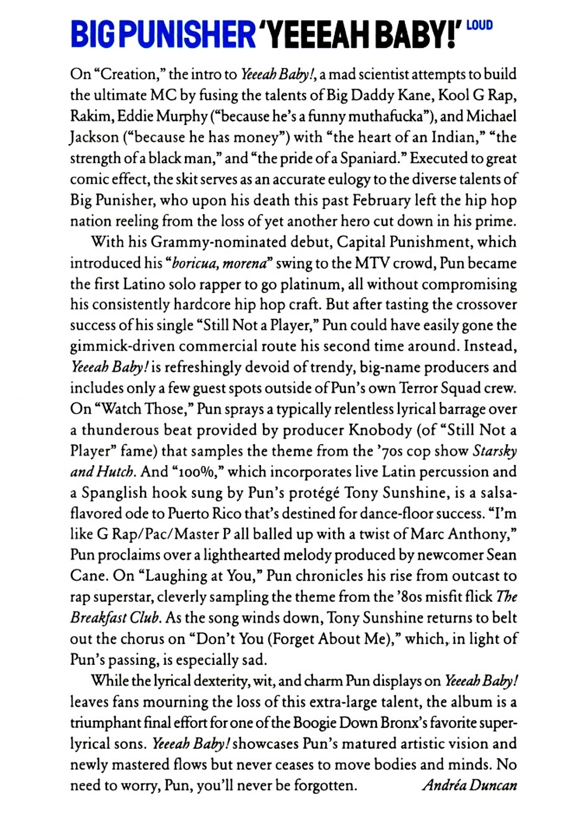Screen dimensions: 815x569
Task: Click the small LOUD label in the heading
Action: pos(479,24)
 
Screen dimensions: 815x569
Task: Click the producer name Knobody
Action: pos(380,430)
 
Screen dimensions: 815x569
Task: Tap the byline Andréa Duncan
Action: pos(469,785)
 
